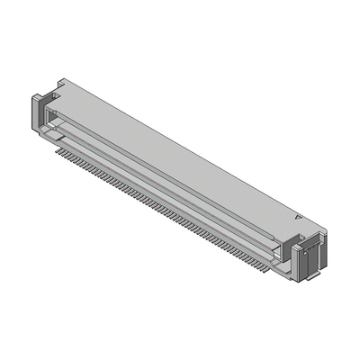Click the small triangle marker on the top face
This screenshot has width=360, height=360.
click(298, 217)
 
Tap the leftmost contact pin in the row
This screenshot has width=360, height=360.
click(58, 151)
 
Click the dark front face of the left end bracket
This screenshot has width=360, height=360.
click(40, 112)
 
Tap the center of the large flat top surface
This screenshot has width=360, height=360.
click(180, 148)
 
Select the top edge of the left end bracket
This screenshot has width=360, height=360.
click(40, 93)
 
